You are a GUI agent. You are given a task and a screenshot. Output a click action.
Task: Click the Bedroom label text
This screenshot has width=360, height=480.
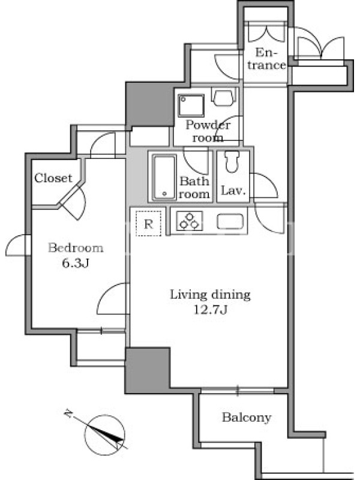pos(76,248)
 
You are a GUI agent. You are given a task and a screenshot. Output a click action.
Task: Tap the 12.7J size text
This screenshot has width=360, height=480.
pos(211,310)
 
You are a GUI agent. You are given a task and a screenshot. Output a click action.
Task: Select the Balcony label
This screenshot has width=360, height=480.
pos(247,418)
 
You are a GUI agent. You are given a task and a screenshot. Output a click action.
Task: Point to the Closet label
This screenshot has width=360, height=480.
pos(53,178)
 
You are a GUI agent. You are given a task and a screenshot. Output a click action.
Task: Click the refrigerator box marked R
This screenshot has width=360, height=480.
pos(148,224)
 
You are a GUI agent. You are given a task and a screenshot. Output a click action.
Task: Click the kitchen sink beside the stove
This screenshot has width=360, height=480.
pos(230,221)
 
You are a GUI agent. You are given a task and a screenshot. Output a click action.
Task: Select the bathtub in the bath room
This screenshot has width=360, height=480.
pos(164,178)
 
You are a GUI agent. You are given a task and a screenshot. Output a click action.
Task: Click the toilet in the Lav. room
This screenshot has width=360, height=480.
pos(232,162)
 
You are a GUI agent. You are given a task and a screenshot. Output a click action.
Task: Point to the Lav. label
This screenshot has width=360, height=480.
pos(233,191)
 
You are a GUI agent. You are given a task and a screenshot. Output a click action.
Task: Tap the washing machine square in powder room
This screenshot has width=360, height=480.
pos(192,106)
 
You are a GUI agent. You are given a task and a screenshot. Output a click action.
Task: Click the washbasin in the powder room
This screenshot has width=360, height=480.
pos(224,97)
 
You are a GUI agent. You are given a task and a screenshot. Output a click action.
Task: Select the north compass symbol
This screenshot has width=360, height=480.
pos(104,434)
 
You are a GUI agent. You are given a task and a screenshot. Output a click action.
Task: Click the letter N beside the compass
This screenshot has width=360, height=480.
pos(68,414)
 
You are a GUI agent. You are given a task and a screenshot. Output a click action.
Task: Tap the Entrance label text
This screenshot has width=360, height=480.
pos(266,59)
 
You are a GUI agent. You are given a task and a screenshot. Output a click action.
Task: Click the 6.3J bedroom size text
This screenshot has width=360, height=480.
pos(76,263)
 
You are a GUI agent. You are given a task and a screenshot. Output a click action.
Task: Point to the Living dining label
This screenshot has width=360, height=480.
pos(211,295)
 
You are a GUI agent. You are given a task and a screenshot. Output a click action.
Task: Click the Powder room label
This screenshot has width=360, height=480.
pos(208,131)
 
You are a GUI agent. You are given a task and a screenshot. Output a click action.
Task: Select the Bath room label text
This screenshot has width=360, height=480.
pos(194,187)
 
